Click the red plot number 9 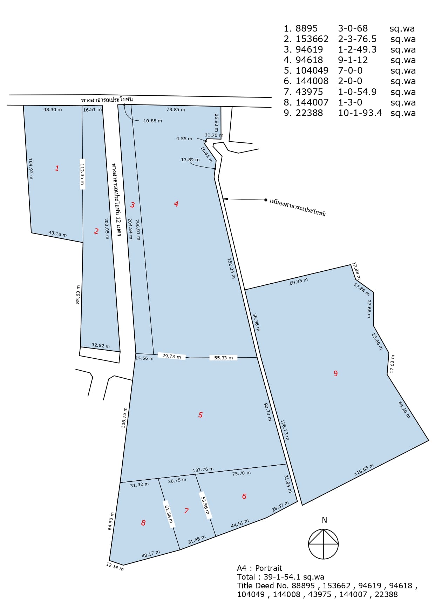[x=335, y=373]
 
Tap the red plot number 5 [x=200, y=415]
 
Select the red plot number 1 [x=57, y=168]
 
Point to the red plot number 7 [x=186, y=511]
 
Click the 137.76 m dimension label [x=203, y=469]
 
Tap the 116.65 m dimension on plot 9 [x=364, y=470]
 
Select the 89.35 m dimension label [x=299, y=281]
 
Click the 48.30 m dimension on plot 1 [x=53, y=109]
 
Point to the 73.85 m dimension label [x=176, y=109]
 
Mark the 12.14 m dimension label [x=115, y=567]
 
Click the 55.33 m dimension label [x=223, y=358]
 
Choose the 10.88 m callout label [x=153, y=121]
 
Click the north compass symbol [x=323, y=544]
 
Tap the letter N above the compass [x=324, y=520]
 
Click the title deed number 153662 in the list [x=312, y=39]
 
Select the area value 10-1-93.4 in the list [x=360, y=113]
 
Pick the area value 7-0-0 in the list [x=350, y=70]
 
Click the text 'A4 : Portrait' [x=259, y=568]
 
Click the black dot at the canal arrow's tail [x=266, y=200]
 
